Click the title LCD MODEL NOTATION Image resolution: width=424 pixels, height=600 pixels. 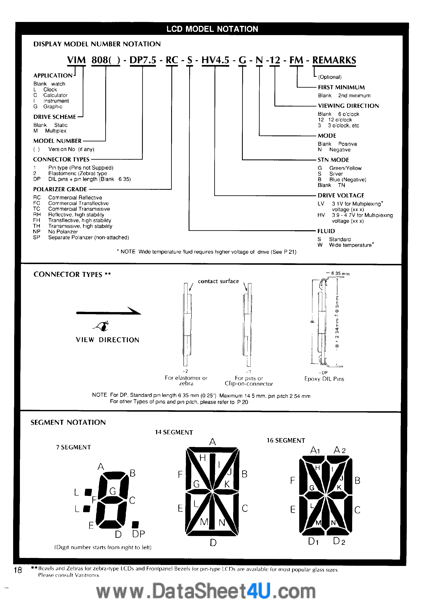(212, 29)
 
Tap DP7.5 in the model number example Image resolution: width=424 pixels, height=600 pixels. (143, 60)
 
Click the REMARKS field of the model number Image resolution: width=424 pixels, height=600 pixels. (334, 60)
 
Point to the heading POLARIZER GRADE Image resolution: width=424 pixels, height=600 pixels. (60, 189)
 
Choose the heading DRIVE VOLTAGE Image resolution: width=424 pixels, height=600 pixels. (341, 196)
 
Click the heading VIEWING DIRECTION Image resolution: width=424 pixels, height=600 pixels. (348, 106)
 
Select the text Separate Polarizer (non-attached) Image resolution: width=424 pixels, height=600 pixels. (88, 238)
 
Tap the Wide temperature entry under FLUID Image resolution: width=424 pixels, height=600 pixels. (350, 245)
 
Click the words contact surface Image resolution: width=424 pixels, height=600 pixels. (218, 281)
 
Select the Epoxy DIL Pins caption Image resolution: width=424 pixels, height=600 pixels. (324, 379)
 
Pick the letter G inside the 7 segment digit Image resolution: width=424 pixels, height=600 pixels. (112, 491)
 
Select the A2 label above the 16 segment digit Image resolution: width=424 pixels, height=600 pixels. (340, 450)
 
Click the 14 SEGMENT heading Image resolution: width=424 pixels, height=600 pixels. (174, 432)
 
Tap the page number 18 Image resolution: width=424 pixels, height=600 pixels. (18, 570)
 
